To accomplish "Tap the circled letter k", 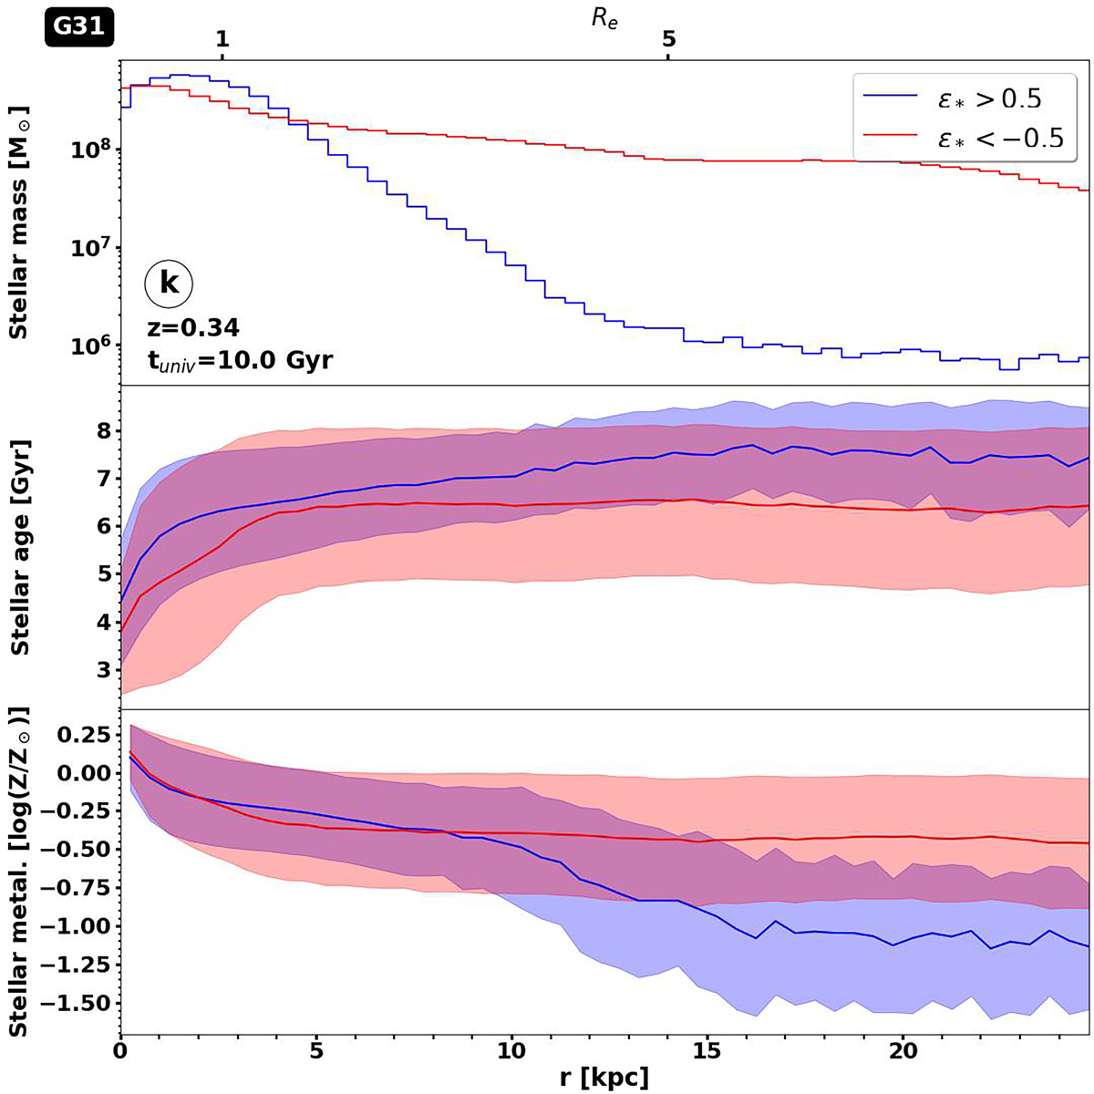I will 169,284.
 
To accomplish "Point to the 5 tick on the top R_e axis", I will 668,40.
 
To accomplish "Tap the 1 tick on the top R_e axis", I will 222,40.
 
